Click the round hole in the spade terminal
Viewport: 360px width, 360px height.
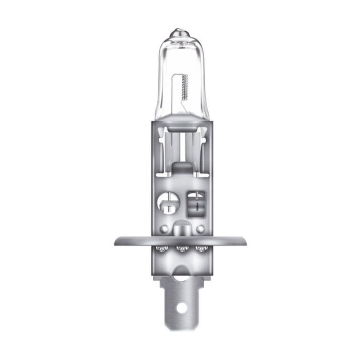(180, 310)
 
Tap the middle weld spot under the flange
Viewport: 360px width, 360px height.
(180, 249)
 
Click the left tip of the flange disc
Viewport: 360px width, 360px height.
(116, 241)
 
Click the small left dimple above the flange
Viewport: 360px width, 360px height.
(164, 228)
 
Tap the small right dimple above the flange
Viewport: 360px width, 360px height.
(196, 228)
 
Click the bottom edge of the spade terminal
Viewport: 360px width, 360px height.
(180, 328)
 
